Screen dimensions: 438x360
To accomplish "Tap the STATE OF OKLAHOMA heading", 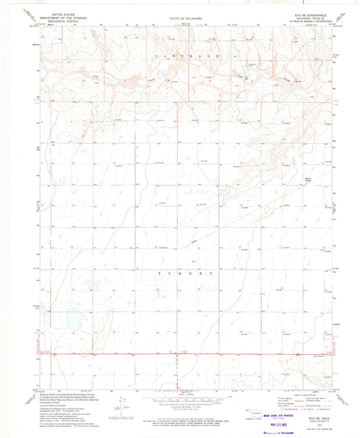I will click(180, 18).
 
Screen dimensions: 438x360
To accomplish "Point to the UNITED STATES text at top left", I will click(57, 13).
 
